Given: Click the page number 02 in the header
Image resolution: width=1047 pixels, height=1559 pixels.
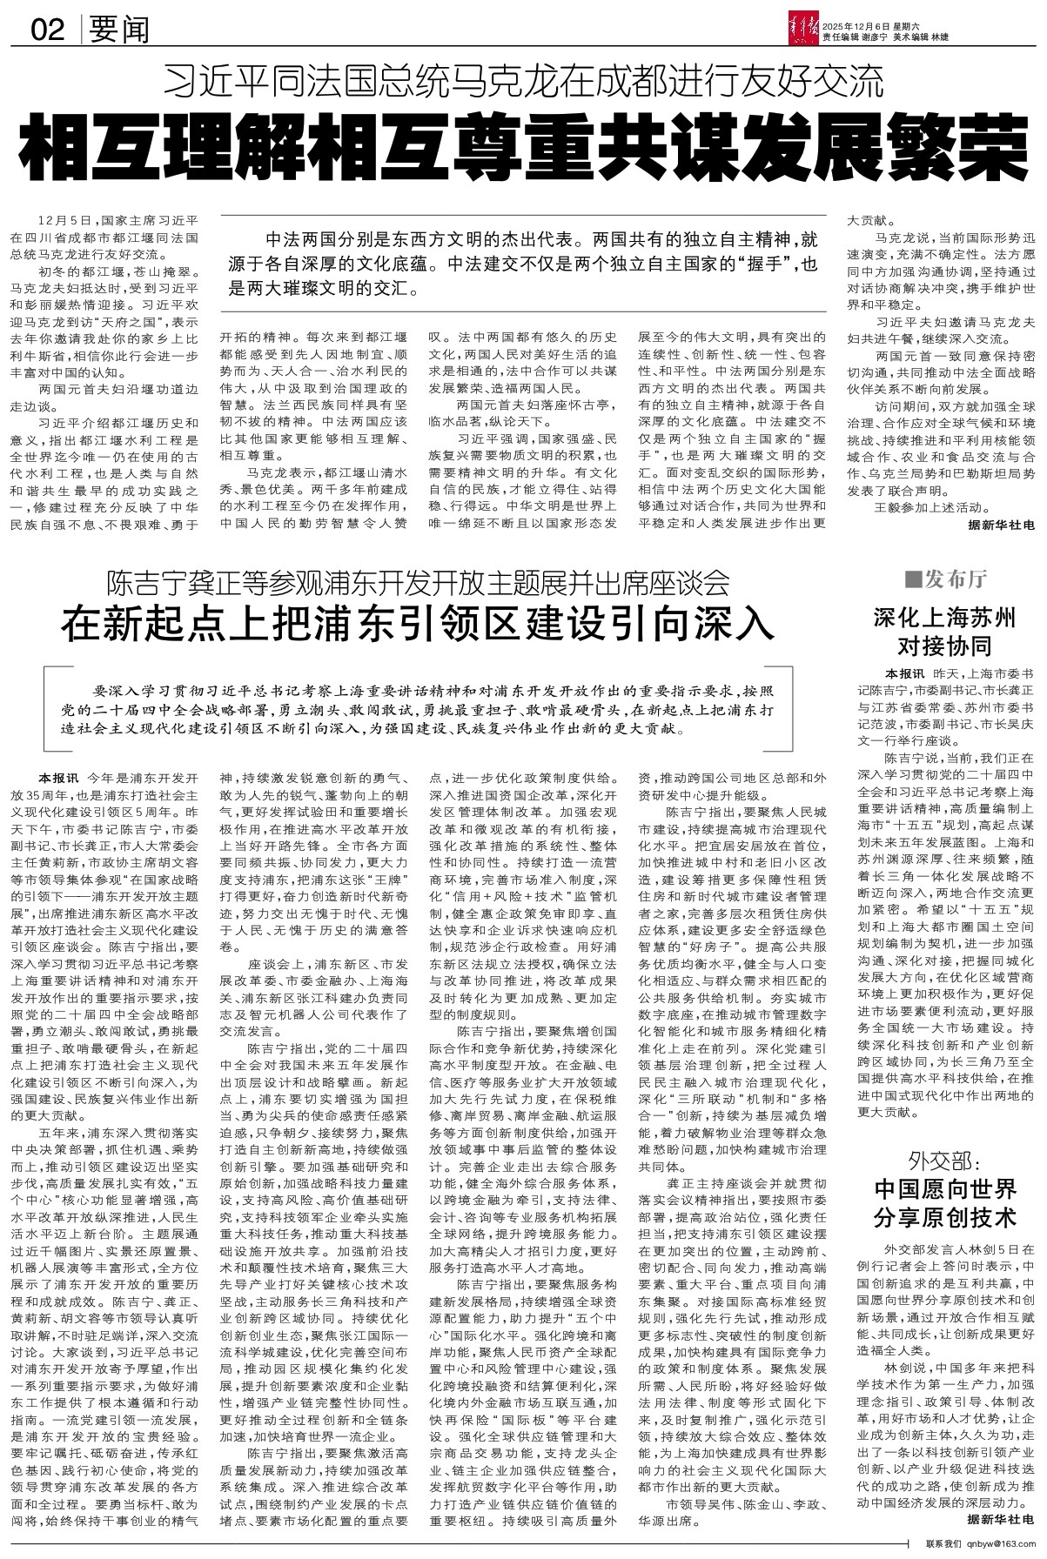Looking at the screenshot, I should coord(47,30).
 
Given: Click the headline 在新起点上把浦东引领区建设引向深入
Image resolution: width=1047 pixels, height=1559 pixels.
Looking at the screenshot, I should coord(417,626).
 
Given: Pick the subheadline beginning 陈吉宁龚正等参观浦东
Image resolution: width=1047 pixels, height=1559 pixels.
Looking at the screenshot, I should coord(417,581).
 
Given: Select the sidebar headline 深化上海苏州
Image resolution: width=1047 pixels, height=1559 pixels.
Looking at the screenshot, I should coord(944,619).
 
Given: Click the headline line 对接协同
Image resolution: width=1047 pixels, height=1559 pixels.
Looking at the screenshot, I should coord(944,646).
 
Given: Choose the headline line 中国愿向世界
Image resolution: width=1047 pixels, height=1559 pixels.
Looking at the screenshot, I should coord(944,1188).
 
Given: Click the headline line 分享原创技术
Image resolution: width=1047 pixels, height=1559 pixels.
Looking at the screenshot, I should coord(944,1216).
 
